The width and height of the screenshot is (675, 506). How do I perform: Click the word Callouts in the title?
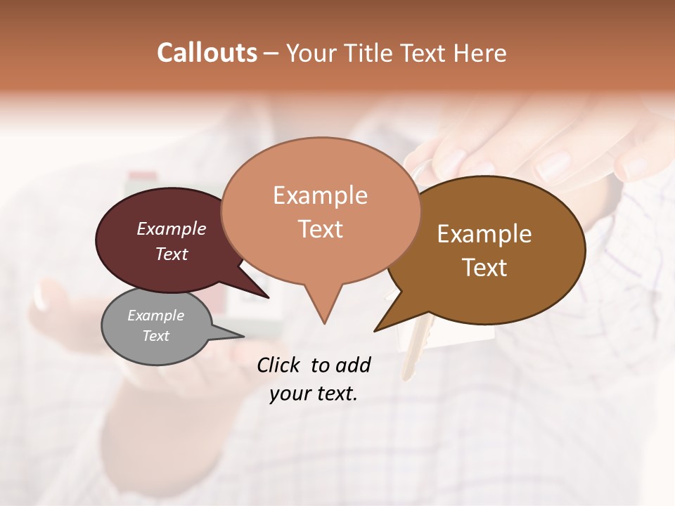point(207,53)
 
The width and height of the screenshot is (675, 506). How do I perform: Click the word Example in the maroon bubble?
point(171,228)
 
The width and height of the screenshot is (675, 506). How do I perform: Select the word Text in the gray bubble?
point(155,336)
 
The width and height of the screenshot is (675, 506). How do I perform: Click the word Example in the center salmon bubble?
point(320,195)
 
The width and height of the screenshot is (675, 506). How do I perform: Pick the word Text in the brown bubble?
point(484,268)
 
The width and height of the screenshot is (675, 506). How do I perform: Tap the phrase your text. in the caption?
point(313,394)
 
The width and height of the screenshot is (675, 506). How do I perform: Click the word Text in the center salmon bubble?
point(320,229)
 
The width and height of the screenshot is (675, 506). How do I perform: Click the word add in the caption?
point(352,365)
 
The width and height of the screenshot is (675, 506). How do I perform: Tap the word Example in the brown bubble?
point(484,234)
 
